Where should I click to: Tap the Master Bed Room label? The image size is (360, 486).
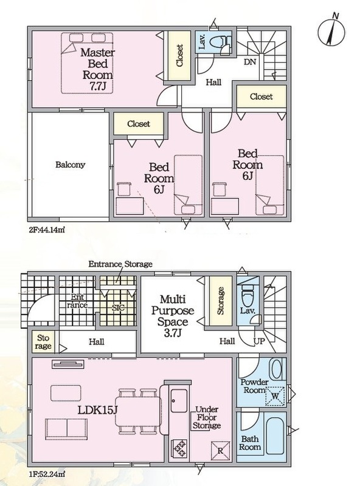pyautogui.click(x=97, y=69)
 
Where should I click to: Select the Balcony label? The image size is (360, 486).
pyautogui.click(x=70, y=165)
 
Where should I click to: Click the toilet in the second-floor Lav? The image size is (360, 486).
pyautogui.click(x=221, y=42)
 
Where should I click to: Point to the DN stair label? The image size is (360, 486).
pyautogui.click(x=250, y=62)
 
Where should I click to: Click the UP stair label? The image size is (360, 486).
pyautogui.click(x=259, y=341)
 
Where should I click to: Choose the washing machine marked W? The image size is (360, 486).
pyautogui.click(x=275, y=396)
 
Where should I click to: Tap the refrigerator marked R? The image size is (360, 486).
pyautogui.click(x=221, y=451)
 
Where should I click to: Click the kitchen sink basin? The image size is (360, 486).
pyautogui.click(x=179, y=401)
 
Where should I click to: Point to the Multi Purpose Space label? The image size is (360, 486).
pyautogui.click(x=173, y=316)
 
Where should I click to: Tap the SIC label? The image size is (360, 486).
pyautogui.click(x=118, y=308)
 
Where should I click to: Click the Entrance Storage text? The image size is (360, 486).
pyautogui.click(x=120, y=264)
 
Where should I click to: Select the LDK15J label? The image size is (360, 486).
pyautogui.click(x=97, y=410)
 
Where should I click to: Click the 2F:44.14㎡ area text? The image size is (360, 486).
pyautogui.click(x=47, y=230)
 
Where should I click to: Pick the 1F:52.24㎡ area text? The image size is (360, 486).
pyautogui.click(x=47, y=474)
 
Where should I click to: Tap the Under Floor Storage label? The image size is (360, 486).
pyautogui.click(x=207, y=417)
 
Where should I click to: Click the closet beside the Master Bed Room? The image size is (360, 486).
pyautogui.click(x=179, y=56)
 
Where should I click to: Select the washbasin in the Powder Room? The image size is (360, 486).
pyautogui.click(x=276, y=369)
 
